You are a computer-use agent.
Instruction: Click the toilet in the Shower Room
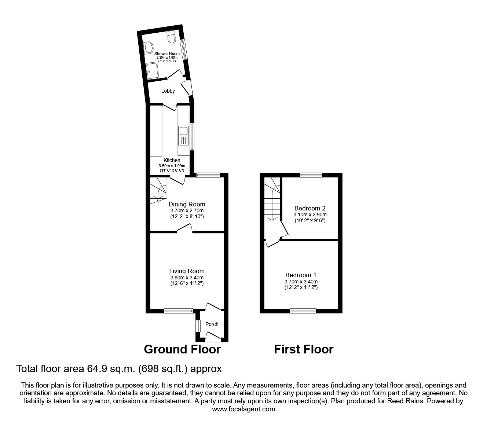(172, 37)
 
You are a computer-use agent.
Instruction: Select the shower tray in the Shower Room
(152, 70)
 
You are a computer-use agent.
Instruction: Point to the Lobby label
(168, 91)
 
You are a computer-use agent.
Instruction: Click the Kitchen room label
(172, 160)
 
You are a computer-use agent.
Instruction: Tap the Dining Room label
(187, 204)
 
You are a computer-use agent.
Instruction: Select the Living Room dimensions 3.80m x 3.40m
(187, 278)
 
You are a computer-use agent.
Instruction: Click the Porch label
(212, 324)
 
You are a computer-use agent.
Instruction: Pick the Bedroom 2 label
(310, 208)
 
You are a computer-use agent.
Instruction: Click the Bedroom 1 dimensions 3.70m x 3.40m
(301, 282)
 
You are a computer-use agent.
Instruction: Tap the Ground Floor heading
(182, 349)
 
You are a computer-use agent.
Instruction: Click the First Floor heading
(304, 349)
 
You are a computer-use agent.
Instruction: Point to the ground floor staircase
(158, 191)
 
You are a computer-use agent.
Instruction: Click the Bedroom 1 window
(303, 311)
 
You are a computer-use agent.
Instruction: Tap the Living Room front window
(179, 311)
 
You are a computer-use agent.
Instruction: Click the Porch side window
(198, 326)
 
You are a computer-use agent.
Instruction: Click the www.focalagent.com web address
(243, 409)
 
